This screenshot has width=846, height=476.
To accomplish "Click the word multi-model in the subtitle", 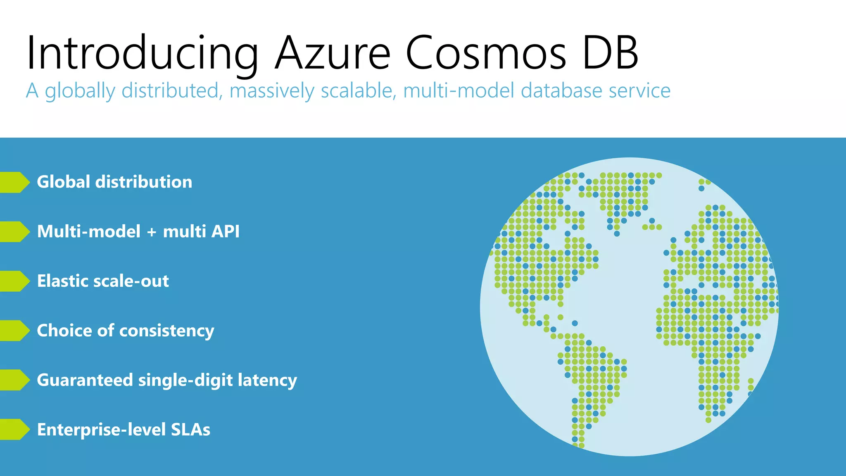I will click(458, 91).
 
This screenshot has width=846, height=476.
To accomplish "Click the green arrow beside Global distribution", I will click(15, 182).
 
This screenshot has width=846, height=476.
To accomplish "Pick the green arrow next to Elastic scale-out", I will click(15, 281).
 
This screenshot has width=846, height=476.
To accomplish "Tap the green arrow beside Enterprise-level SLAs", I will click(15, 430).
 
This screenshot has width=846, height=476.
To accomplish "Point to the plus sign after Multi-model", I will click(152, 232).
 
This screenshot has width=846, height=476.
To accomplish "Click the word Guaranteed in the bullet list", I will click(85, 381).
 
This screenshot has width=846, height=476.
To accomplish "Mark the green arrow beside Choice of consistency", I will click(15, 331).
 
